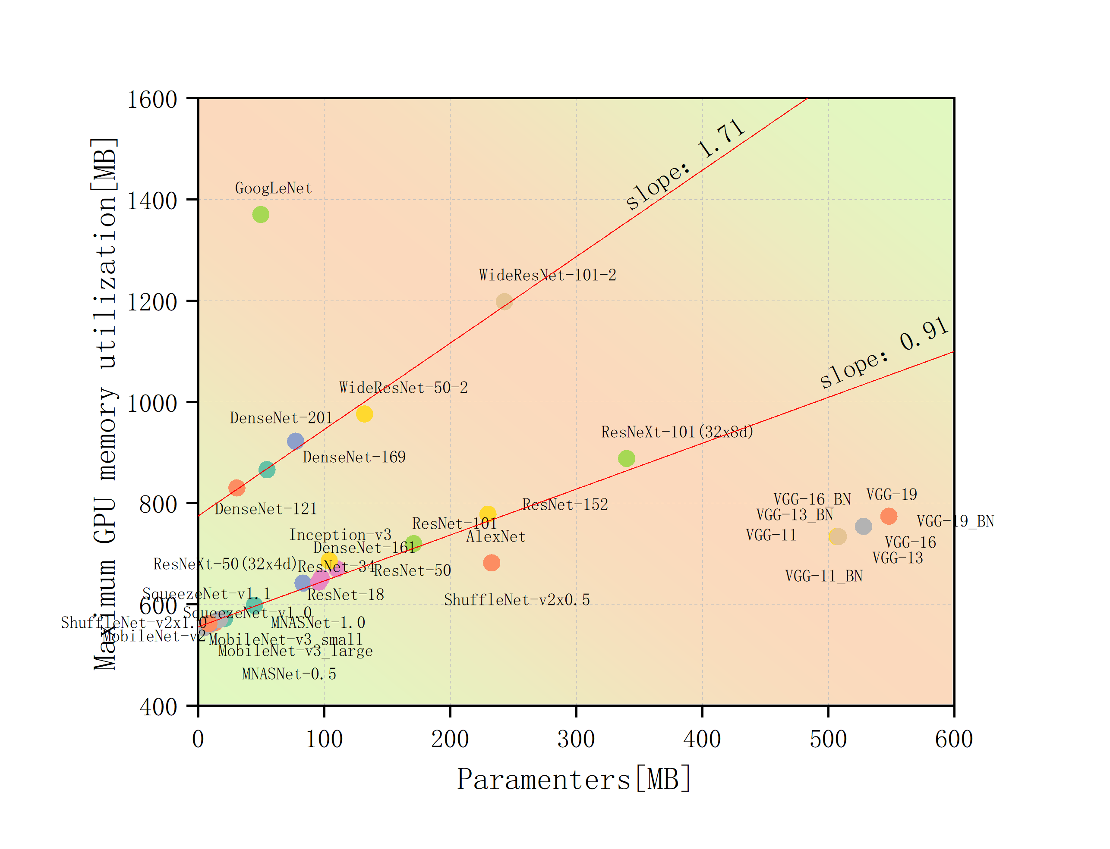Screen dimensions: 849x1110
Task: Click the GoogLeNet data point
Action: click(260, 214)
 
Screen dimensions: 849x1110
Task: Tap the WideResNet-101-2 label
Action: click(547, 276)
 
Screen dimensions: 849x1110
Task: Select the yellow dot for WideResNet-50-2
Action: click(364, 414)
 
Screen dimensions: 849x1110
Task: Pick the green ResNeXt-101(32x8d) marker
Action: click(626, 458)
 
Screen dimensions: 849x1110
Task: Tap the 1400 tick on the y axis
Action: click(152, 201)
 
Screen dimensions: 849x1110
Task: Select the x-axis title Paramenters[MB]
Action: click(574, 779)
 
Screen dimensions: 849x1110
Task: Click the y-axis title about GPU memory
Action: click(105, 404)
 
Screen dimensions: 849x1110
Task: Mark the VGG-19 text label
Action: click(891, 495)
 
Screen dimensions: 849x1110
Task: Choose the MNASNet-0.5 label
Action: click(289, 674)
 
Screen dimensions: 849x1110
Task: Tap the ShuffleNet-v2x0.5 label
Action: click(516, 600)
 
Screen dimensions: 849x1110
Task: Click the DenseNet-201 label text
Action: click(281, 418)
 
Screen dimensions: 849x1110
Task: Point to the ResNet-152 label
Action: click(565, 504)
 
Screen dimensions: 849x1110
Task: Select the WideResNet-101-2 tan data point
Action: click(504, 302)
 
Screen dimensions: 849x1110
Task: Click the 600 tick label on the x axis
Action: click(953, 739)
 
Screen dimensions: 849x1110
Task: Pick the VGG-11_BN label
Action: click(823, 576)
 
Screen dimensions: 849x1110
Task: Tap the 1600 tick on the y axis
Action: click(152, 100)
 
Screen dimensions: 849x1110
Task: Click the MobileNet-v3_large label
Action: click(295, 651)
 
